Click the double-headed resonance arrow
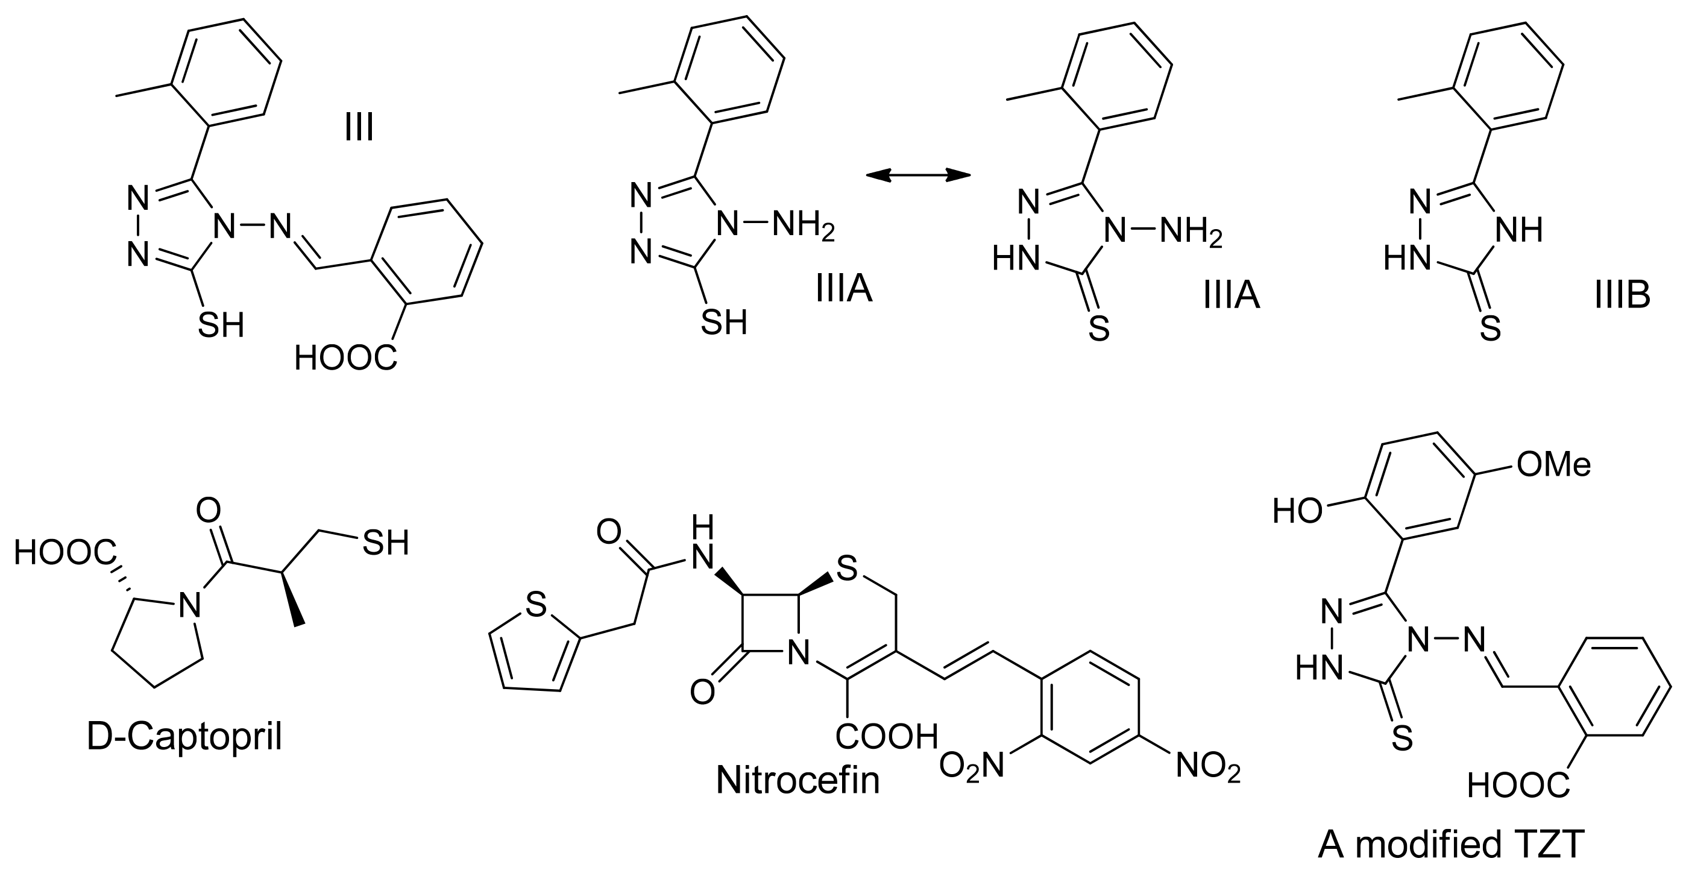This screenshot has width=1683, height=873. click(917, 174)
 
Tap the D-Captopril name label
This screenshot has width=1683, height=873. click(184, 737)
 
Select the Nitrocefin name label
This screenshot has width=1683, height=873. click(797, 780)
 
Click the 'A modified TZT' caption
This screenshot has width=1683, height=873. click(1451, 844)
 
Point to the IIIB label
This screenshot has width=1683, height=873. click(1622, 295)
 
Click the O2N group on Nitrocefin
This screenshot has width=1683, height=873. click(971, 765)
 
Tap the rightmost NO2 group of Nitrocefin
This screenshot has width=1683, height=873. click(1208, 765)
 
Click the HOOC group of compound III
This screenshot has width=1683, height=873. click(345, 358)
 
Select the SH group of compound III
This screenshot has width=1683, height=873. click(221, 325)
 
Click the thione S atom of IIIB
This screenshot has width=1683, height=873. click(1490, 329)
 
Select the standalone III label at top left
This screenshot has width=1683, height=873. click(359, 127)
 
